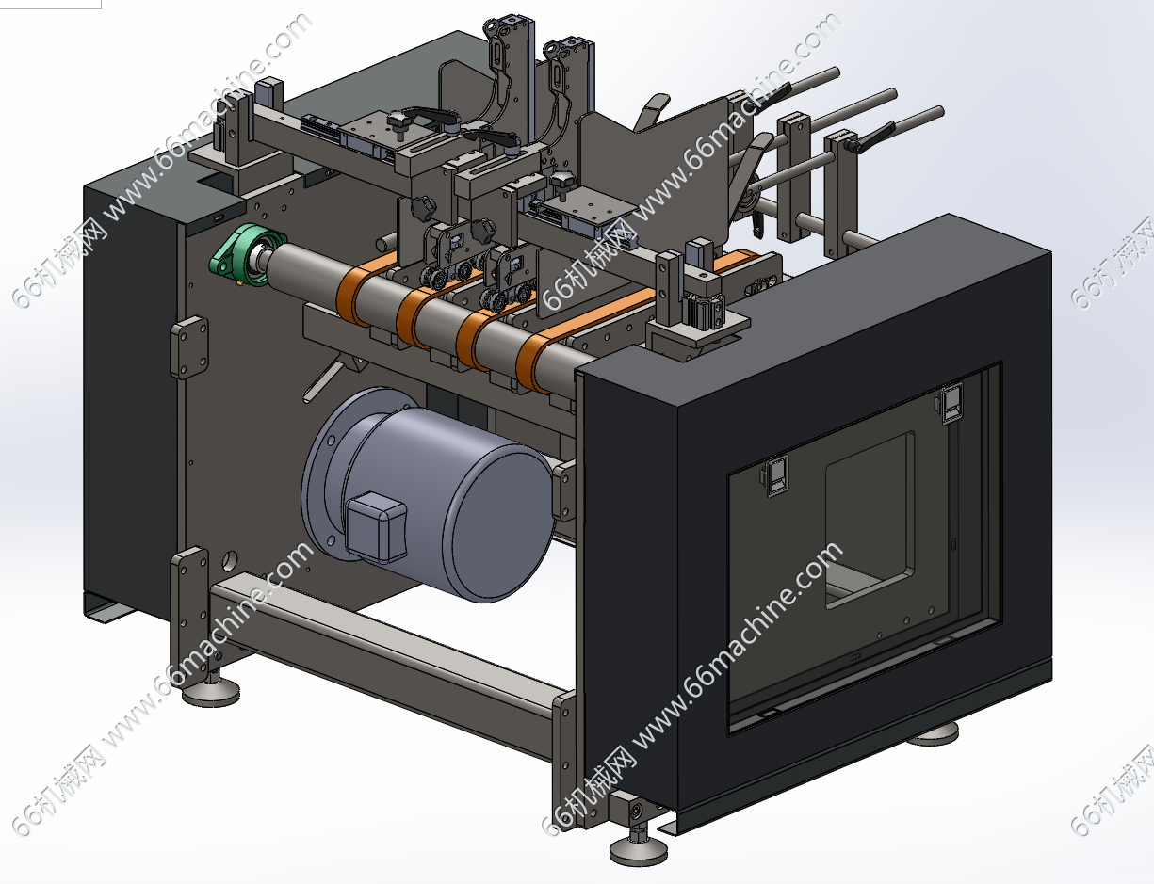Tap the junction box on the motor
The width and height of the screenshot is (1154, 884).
pos(376,526)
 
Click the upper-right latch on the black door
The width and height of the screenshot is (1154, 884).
pos(951,403)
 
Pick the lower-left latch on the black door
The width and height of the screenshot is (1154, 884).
pos(775,475)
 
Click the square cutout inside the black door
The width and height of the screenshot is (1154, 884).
pos(870,520)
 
